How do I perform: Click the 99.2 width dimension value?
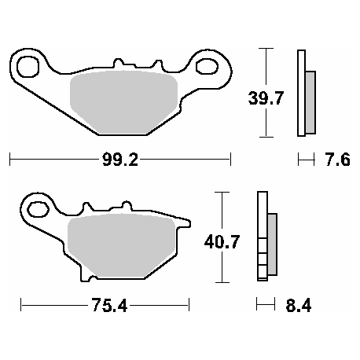coord(119,160)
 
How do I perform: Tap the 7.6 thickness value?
coord(339,160)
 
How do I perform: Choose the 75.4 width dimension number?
coord(105,305)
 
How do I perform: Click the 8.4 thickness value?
coord(300,305)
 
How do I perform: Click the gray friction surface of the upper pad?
coord(124,101)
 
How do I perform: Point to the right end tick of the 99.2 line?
coord(230,160)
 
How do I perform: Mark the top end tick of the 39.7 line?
coord(267,49)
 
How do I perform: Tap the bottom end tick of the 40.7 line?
coord(224,282)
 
